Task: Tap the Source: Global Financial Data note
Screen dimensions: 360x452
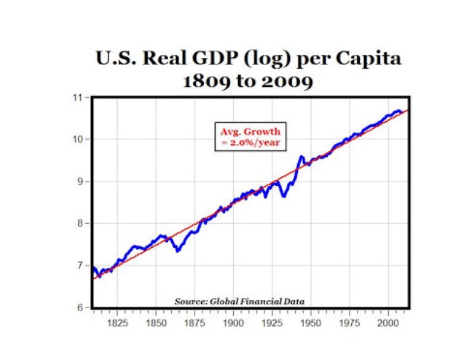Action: coord(239,300)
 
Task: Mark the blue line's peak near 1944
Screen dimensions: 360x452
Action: coord(301,157)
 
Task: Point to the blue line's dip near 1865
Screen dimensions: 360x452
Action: coord(178,250)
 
